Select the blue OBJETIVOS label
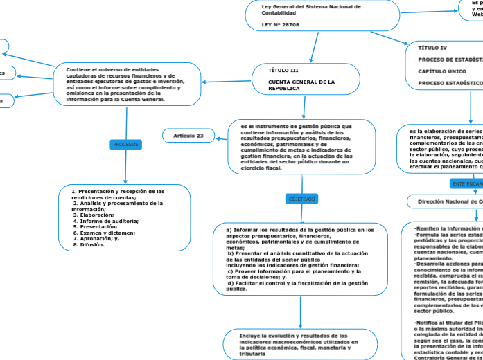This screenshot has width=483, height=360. [301, 199]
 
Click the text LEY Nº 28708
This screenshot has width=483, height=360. [281, 24]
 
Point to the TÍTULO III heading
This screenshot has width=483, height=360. [283, 70]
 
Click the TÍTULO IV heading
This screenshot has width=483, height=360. [432, 48]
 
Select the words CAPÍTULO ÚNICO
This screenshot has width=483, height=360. [441, 71]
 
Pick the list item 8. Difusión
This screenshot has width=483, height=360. [89, 244]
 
